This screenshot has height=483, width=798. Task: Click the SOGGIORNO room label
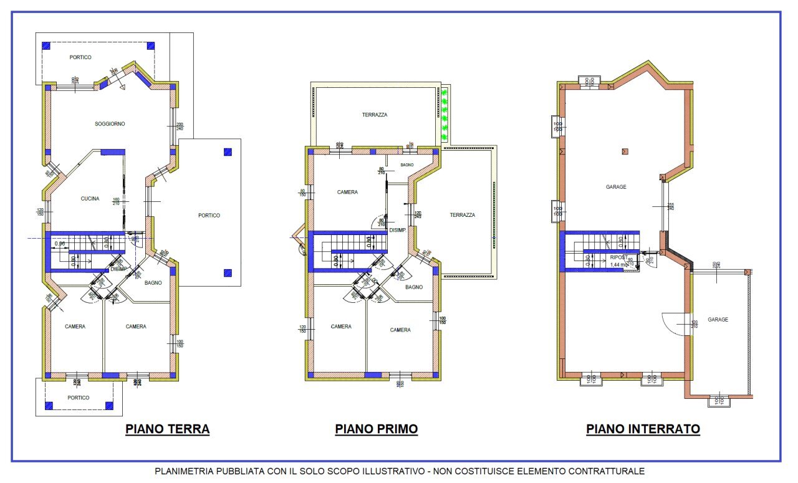pyautogui.click(x=110, y=124)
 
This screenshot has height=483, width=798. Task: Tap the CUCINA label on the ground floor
pyautogui.click(x=90, y=199)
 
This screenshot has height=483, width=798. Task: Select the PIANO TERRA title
pyautogui.click(x=167, y=429)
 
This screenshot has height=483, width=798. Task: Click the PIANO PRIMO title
pyautogui.click(x=376, y=429)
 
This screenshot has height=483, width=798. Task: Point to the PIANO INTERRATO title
pyautogui.click(x=643, y=429)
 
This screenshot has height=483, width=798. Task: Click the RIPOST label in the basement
pyautogui.click(x=619, y=257)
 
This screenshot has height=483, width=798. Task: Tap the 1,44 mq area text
pyautogui.click(x=619, y=264)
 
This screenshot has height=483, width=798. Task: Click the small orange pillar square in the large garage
pyautogui.click(x=625, y=151)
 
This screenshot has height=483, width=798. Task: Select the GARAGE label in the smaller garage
pyautogui.click(x=718, y=320)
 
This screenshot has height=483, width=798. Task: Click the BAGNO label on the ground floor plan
pyautogui.click(x=153, y=282)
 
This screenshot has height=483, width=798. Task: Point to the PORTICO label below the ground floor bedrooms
pyautogui.click(x=79, y=398)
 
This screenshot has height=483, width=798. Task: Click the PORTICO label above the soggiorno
pyautogui.click(x=80, y=57)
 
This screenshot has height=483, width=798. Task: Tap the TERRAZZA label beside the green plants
pyautogui.click(x=375, y=115)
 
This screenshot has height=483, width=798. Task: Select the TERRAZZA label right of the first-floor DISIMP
pyautogui.click(x=463, y=215)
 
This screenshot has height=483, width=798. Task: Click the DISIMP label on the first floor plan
pyautogui.click(x=398, y=229)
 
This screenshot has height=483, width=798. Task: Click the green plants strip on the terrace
pyautogui.click(x=445, y=114)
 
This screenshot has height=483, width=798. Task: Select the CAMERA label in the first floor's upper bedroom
pyautogui.click(x=347, y=192)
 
